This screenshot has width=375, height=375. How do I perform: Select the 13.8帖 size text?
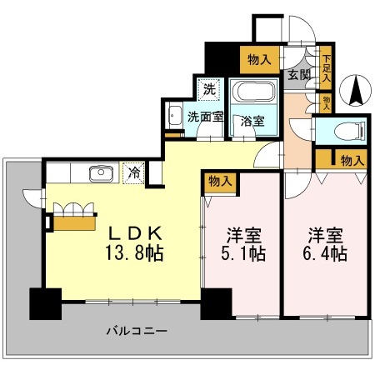click(x=132, y=252)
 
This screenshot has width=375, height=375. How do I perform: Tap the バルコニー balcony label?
click(x=136, y=331)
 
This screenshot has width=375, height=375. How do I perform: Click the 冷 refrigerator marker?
click(x=133, y=173)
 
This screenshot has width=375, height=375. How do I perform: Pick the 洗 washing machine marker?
click(x=207, y=87)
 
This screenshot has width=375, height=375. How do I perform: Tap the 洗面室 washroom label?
click(x=204, y=117)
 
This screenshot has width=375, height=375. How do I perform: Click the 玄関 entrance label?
click(x=299, y=75)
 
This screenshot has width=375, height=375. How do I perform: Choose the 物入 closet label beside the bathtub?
click(x=259, y=58)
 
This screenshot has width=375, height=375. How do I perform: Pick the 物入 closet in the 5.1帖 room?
click(x=220, y=180)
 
